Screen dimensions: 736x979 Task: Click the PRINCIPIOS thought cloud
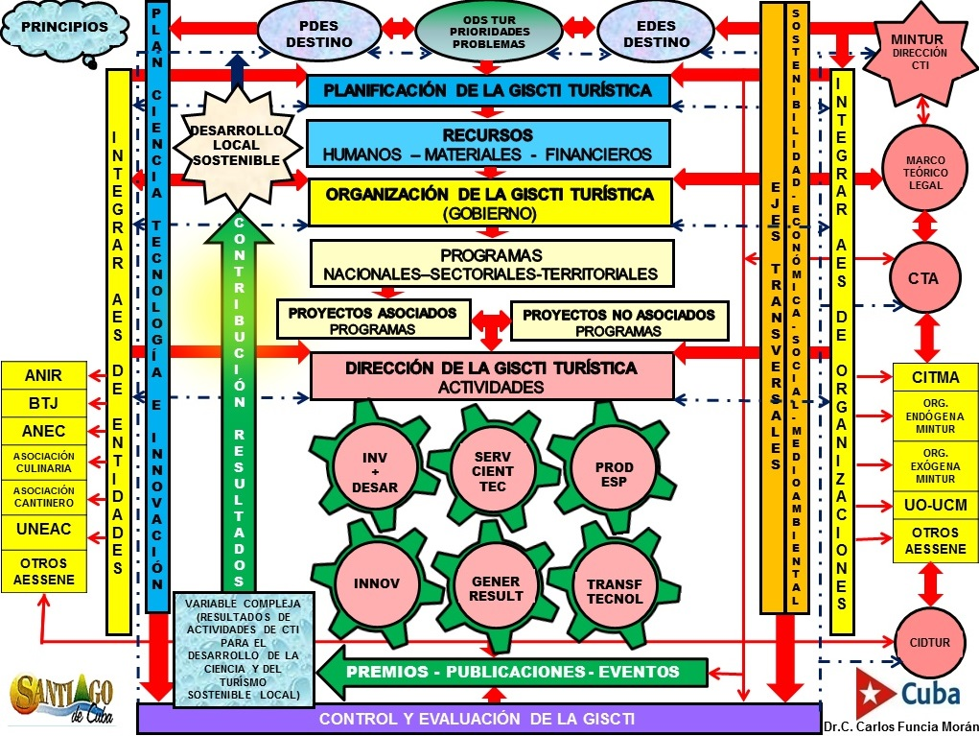(x=65, y=28)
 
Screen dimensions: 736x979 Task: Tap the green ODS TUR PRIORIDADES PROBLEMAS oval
(x=489, y=31)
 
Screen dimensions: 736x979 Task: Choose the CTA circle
(x=922, y=279)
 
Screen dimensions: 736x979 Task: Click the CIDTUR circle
(x=922, y=641)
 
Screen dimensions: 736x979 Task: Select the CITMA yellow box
(x=935, y=378)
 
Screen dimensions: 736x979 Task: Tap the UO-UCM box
(x=935, y=505)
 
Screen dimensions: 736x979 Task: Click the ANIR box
(x=43, y=377)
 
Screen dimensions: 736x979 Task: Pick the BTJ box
(x=43, y=404)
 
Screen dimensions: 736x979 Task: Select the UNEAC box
(x=43, y=528)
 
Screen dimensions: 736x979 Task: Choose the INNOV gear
(x=377, y=583)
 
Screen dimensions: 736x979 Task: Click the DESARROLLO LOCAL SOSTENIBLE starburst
(x=236, y=145)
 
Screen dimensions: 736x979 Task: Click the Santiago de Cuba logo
(x=63, y=699)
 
